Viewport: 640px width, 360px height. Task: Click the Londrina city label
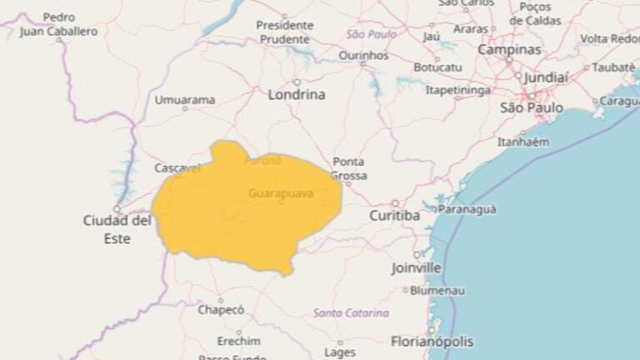pos(296,95)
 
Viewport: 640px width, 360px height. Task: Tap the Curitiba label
pos(394,216)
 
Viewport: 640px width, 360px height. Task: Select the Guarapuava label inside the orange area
pos(281,193)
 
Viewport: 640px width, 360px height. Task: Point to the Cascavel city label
pos(177,167)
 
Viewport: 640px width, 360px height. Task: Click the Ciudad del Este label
pos(117,228)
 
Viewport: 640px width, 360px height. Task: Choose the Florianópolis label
pos(432,342)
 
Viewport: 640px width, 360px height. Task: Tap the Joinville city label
pos(416,268)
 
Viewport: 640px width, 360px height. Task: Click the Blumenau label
pos(437,291)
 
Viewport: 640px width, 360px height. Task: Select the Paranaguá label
pos(467,210)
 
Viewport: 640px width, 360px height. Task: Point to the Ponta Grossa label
pos(348,168)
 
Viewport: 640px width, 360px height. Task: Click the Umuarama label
pos(184,100)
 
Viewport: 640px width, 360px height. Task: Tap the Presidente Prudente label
pos(285,32)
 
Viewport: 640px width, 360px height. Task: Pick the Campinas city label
pos(508,50)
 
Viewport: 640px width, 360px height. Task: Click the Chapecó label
pos(221,310)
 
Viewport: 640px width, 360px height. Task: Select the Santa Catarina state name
pos(351,313)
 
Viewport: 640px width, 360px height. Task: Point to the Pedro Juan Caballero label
pos(58,24)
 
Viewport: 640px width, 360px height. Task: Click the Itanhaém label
pos(522,142)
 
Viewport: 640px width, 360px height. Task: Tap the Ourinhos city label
pos(363,55)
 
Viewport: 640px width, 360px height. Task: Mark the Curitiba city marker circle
pos(395,202)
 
